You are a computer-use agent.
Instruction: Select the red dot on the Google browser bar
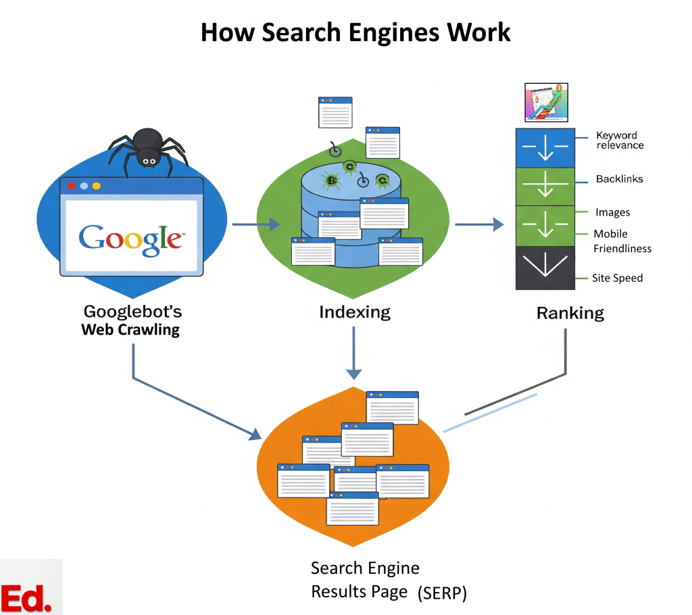pyautogui.click(x=72, y=185)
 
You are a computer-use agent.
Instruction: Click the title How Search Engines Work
pyautogui.click(x=355, y=32)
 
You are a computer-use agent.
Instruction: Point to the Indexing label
pyautogui.click(x=355, y=312)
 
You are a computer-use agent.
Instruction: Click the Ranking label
pyautogui.click(x=570, y=314)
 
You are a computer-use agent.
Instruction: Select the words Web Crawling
pyautogui.click(x=130, y=330)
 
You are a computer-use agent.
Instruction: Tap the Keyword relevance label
pyautogui.click(x=620, y=141)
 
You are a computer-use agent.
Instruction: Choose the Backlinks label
pyautogui.click(x=619, y=179)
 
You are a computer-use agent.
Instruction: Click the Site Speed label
pyautogui.click(x=617, y=278)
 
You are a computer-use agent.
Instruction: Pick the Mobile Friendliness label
pyautogui.click(x=622, y=241)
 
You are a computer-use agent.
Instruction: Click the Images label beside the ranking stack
pyautogui.click(x=612, y=212)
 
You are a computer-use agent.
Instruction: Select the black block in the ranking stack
pyautogui.click(x=545, y=268)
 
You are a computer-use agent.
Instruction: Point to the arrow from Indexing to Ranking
pyautogui.click(x=479, y=224)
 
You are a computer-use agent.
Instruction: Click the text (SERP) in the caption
pyautogui.click(x=442, y=593)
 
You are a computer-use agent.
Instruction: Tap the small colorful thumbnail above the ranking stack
pyautogui.click(x=545, y=103)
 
